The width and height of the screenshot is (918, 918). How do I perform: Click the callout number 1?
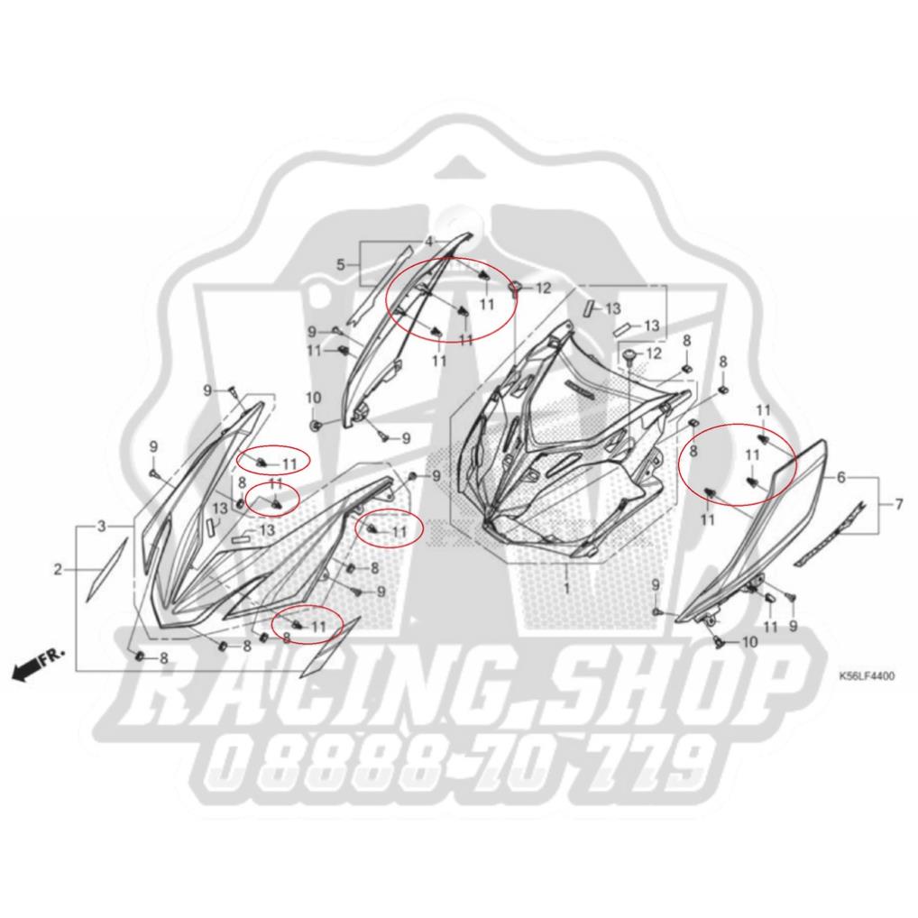[x=566, y=587]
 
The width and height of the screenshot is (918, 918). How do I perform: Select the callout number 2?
[x=58, y=569]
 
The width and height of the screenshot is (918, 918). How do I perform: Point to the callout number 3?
[x=102, y=526]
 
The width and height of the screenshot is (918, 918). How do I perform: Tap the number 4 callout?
[x=430, y=241]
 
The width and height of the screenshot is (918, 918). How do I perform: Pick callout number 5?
[x=341, y=264]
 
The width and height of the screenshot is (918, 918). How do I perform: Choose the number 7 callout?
[x=898, y=504]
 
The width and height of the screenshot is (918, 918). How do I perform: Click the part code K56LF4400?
[x=867, y=674]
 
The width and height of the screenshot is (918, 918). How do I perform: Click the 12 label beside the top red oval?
[x=542, y=289]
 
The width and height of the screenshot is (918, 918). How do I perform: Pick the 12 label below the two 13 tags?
[x=654, y=353]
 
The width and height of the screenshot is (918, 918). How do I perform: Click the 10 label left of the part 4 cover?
[x=314, y=398]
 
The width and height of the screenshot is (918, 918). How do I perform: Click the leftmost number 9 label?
[x=152, y=447]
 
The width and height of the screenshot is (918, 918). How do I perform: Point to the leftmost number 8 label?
[x=163, y=657]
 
